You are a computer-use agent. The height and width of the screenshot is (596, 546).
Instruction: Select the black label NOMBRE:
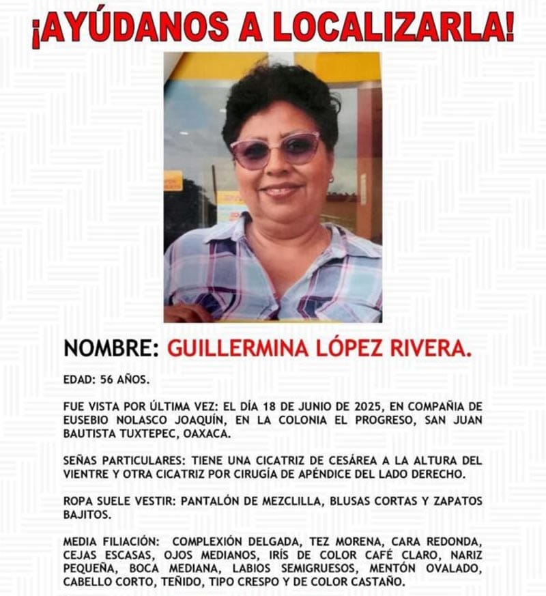tap(111, 348)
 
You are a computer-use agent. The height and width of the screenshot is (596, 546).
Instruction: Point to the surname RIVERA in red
tap(430, 348)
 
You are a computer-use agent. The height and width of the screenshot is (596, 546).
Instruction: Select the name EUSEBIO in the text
tap(87, 420)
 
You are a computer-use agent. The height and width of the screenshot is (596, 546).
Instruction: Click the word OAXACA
tap(210, 434)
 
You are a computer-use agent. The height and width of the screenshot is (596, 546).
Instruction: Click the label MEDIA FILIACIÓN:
tap(109, 542)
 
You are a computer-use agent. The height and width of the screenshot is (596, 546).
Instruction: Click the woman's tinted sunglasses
tap(275, 150)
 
